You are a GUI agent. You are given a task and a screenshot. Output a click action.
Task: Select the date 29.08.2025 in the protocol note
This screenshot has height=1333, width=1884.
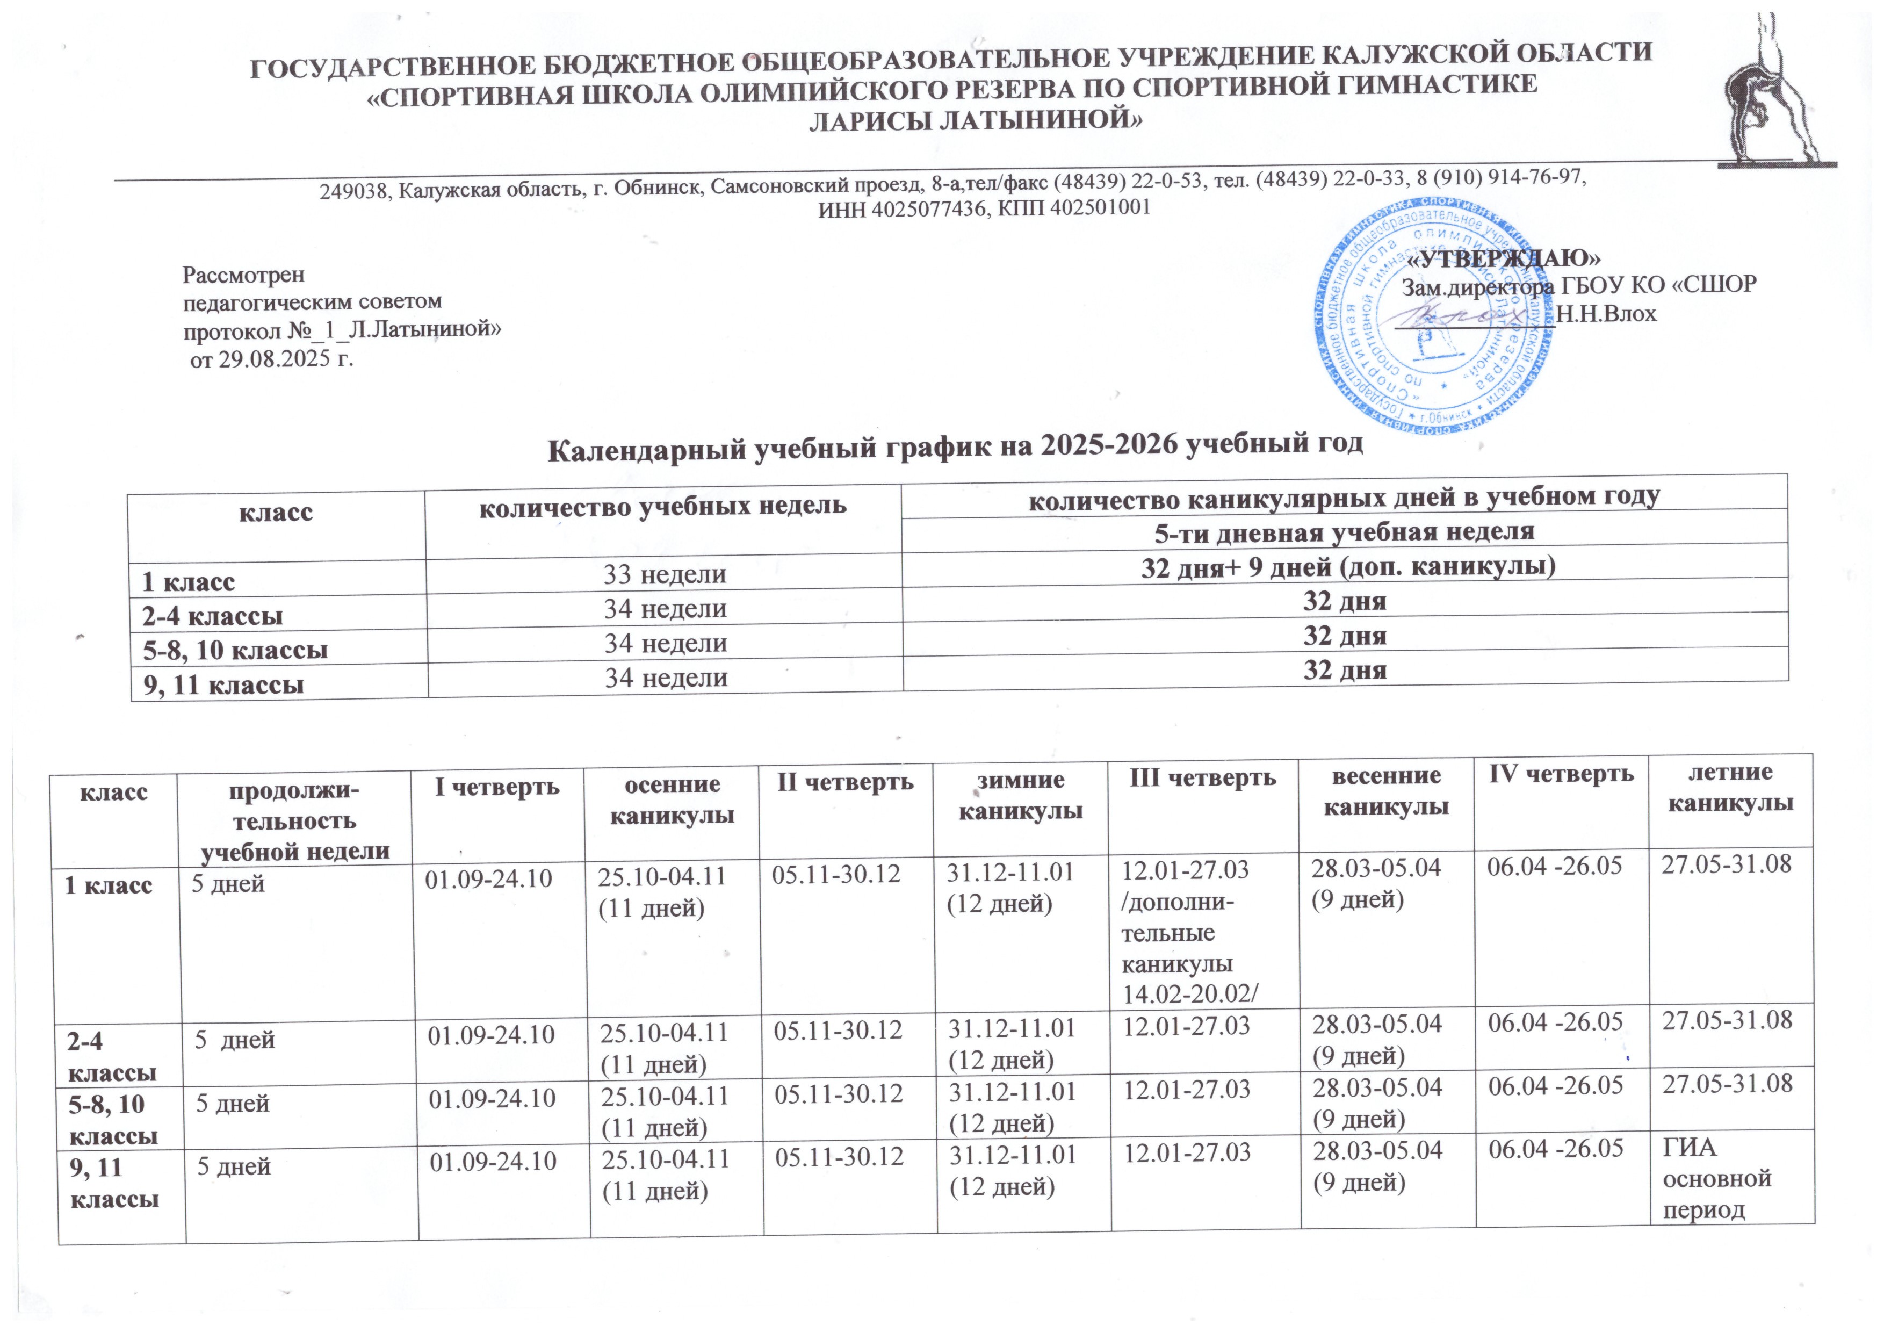point(263,359)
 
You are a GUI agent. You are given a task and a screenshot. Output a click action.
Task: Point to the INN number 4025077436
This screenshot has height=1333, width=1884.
point(927,208)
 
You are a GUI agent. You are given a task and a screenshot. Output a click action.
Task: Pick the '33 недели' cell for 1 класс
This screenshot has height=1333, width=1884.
point(665,574)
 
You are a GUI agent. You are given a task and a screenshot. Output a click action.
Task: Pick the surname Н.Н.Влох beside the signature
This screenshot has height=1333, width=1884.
point(1606,314)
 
